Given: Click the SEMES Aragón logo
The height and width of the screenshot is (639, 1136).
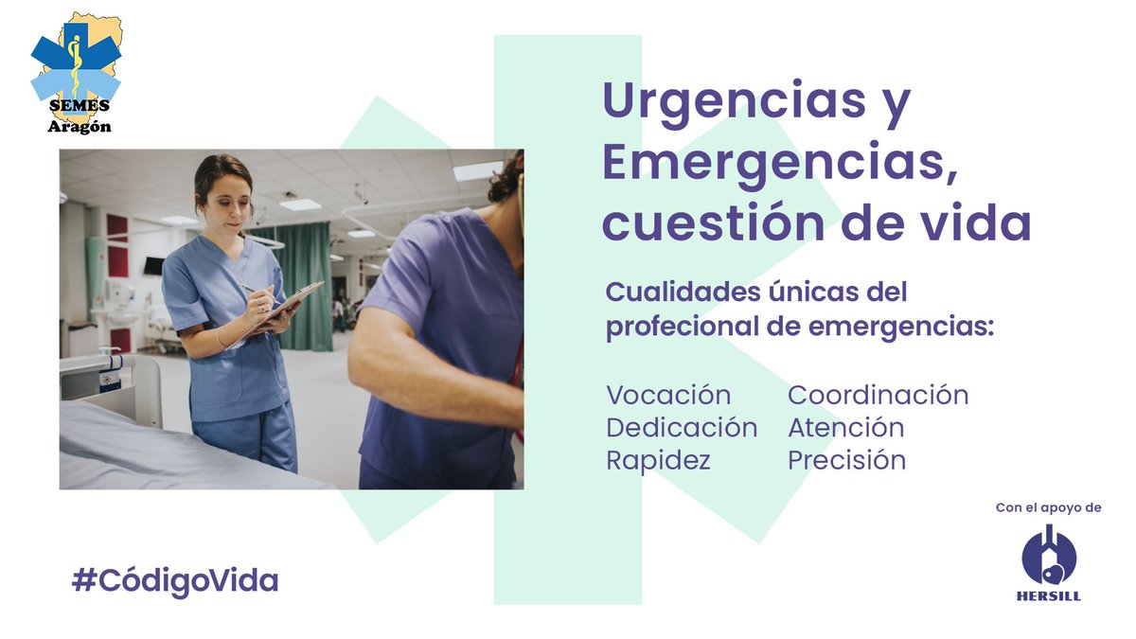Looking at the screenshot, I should coord(76,71).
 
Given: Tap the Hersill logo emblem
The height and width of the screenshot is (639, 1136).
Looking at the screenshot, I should coord(1049,557).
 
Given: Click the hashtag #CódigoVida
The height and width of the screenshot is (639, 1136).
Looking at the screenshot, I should coord(175,580).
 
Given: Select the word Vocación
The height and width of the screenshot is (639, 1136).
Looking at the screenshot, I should coord(668,395).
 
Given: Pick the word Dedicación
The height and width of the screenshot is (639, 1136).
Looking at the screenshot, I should coord(682,428).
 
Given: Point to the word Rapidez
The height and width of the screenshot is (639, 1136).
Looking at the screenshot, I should coord(658,460).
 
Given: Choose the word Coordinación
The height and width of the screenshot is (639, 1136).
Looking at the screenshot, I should coord(878,395).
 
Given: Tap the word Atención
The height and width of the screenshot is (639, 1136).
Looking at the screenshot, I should coord(845,428).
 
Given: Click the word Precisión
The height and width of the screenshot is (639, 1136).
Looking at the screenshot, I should coord(846,460).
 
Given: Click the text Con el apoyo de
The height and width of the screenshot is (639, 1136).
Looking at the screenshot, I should coord(1048,508).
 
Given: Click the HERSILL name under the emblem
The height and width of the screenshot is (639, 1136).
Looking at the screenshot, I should coord(1049,596).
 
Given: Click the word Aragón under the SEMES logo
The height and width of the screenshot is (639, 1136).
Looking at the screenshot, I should coord(80,127).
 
